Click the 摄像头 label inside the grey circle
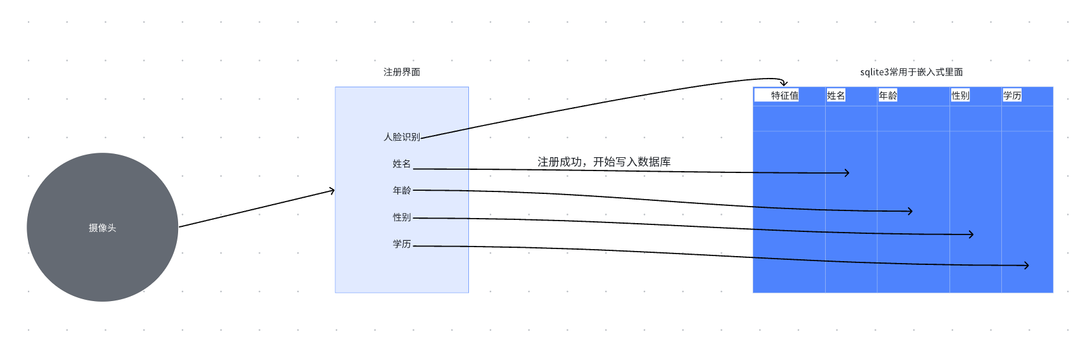point(102,228)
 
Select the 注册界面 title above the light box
point(402,72)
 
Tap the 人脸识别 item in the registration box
point(402,137)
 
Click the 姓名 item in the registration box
point(402,164)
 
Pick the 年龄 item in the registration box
point(402,190)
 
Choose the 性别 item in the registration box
point(402,217)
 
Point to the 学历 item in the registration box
point(402,243)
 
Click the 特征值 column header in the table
point(785,96)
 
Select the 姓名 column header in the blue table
point(836,96)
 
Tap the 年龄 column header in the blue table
point(888,96)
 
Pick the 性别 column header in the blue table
point(960,96)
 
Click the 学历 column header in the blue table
point(1012,96)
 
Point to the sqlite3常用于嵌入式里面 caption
point(911,72)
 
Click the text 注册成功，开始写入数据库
point(604,162)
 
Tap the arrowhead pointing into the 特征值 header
point(784,83)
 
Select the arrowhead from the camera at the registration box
point(331,190)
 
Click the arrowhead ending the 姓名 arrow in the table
point(847,172)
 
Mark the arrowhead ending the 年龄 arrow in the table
point(910,211)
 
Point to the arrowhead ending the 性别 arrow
point(971,235)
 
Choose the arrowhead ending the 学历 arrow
point(1026,266)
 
